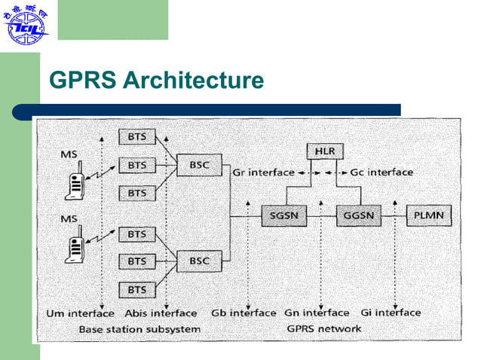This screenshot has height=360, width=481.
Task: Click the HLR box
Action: point(326,152)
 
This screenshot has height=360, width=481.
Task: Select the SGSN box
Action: point(283,216)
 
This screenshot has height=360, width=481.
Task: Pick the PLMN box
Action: point(430,216)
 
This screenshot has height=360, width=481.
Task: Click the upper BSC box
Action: point(200,164)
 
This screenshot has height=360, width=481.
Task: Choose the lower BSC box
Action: point(200,261)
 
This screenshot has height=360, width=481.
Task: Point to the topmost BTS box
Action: point(136,136)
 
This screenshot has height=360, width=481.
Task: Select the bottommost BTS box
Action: point(136,289)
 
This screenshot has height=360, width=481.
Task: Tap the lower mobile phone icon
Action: point(76,246)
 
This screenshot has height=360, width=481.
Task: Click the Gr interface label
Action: point(263,172)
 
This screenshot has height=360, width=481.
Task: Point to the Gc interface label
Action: point(381,172)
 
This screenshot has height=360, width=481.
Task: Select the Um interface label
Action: point(81,313)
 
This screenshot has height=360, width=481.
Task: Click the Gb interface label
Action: point(243,313)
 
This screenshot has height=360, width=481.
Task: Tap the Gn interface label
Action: point(317,313)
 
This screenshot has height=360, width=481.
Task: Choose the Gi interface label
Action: point(391,313)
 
